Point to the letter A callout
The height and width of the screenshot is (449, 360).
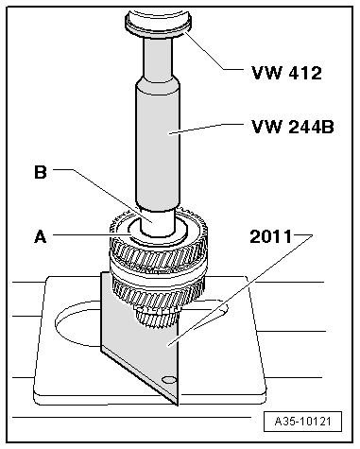[x=40, y=238]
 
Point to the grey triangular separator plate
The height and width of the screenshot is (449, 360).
[x=142, y=340]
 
